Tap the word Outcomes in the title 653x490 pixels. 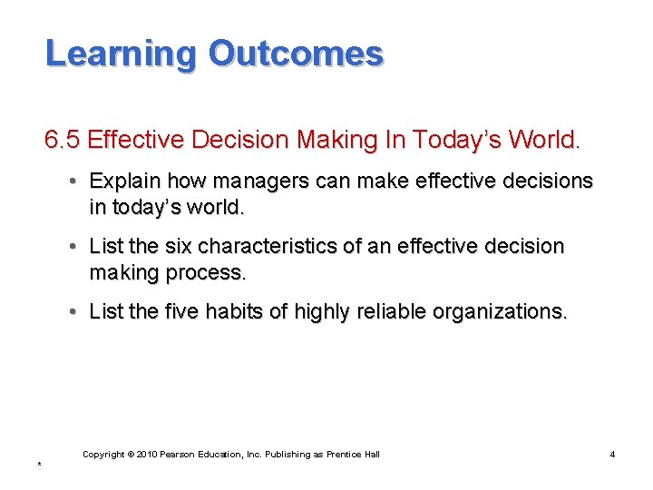pyautogui.click(x=296, y=54)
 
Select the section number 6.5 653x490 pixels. pyautogui.click(x=63, y=141)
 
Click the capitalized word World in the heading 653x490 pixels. pyautogui.click(x=542, y=141)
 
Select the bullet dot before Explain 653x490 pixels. pyautogui.click(x=72, y=181)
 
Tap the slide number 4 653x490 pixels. pyautogui.click(x=612, y=454)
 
